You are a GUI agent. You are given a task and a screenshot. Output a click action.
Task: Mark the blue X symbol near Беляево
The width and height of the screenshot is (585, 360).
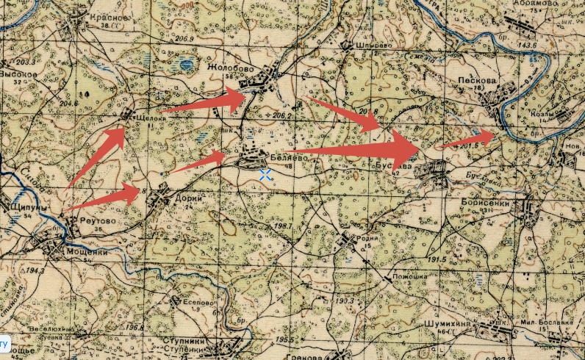coord(265,174)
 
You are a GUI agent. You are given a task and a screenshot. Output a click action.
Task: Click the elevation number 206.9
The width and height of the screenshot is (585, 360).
coord(184,38)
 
